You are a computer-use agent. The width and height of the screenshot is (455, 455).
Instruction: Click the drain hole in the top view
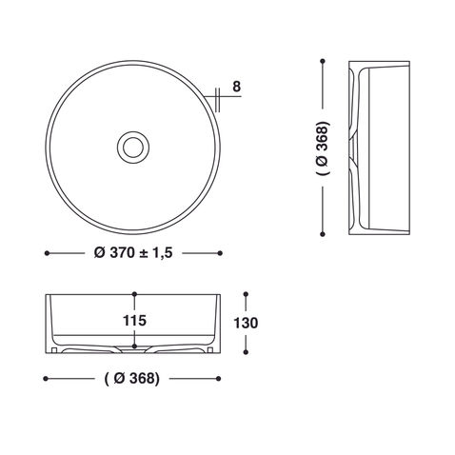coord(132,146)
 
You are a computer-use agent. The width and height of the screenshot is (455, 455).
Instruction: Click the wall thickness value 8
coord(236,89)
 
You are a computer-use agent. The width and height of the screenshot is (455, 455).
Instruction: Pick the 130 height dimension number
coord(246,323)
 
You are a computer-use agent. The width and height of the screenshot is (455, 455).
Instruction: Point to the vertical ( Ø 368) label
coord(323,148)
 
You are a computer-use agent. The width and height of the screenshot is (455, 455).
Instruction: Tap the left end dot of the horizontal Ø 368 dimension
coord(47,377)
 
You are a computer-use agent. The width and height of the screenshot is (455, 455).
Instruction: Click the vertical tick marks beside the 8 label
coord(219,94)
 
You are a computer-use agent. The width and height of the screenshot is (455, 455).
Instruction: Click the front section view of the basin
coord(133,324)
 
